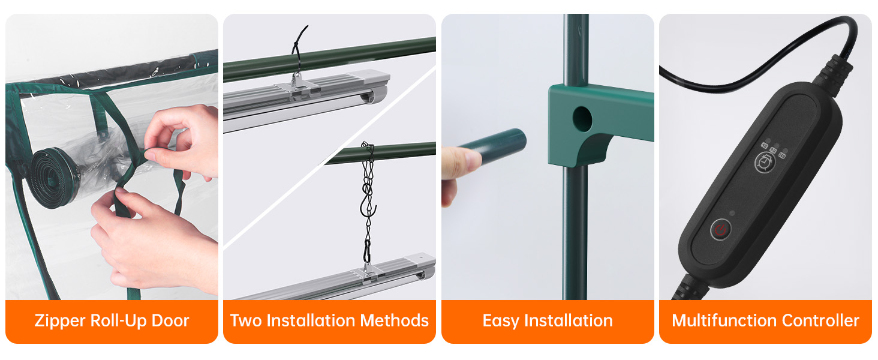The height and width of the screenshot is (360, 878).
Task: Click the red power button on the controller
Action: point(720,229)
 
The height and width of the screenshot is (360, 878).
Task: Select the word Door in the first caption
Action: point(170,320)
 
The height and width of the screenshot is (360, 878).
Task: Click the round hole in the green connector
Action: point(582,118)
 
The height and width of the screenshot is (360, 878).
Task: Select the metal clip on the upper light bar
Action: point(297,85)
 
